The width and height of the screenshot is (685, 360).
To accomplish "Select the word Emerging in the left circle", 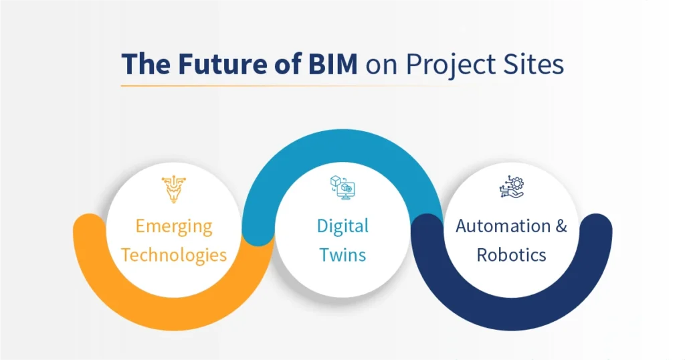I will tap(173, 226).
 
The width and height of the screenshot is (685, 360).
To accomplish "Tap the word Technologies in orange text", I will tap(173, 255).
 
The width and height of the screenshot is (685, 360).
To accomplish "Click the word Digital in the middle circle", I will tap(342, 226).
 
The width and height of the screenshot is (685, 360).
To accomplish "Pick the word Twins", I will tap(342, 255).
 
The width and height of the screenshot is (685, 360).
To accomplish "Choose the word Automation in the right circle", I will tap(502, 226).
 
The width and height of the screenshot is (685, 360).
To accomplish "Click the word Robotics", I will tap(511, 255).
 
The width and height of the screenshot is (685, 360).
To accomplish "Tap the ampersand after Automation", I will tap(560, 226).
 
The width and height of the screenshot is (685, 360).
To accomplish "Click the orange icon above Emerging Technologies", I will tap(173, 189).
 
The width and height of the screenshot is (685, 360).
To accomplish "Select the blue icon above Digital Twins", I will tap(342, 188).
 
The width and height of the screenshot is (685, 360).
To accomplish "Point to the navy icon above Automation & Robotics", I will tap(512, 188).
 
